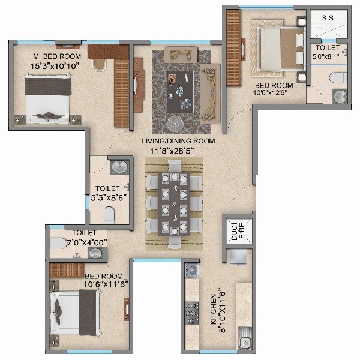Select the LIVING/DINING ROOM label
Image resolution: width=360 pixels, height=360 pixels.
coord(178,141)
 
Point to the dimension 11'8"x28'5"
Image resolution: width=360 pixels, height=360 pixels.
coord(178,150)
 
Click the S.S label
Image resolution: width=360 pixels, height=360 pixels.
coord(328,19)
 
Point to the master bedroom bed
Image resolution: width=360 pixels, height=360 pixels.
coord(48,99)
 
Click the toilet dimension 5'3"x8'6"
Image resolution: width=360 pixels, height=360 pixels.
coord(109,196)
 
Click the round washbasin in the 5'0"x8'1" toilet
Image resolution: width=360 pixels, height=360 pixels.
coord(340,96)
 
